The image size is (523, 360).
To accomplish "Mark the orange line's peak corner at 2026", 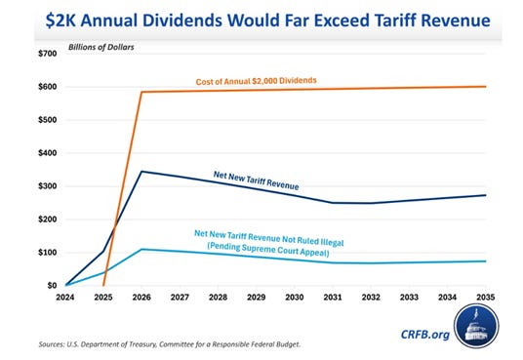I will (142, 93).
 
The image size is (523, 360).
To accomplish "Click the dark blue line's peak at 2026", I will (142, 172).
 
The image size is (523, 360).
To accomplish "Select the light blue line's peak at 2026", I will (142, 249).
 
